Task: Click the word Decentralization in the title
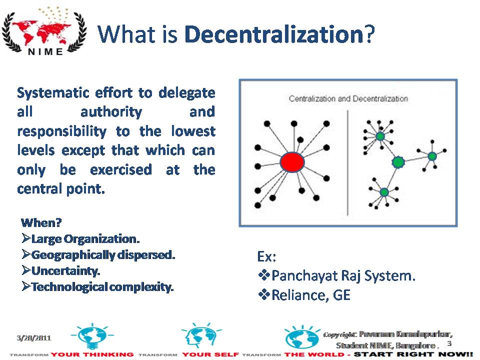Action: (x=273, y=34)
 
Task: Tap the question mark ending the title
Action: (x=368, y=34)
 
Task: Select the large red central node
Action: (x=292, y=162)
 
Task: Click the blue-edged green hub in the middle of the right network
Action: (x=398, y=162)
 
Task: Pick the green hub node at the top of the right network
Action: (x=380, y=135)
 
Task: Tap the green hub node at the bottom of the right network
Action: (x=384, y=192)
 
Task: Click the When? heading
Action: (x=37, y=222)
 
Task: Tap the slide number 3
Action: (x=449, y=344)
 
